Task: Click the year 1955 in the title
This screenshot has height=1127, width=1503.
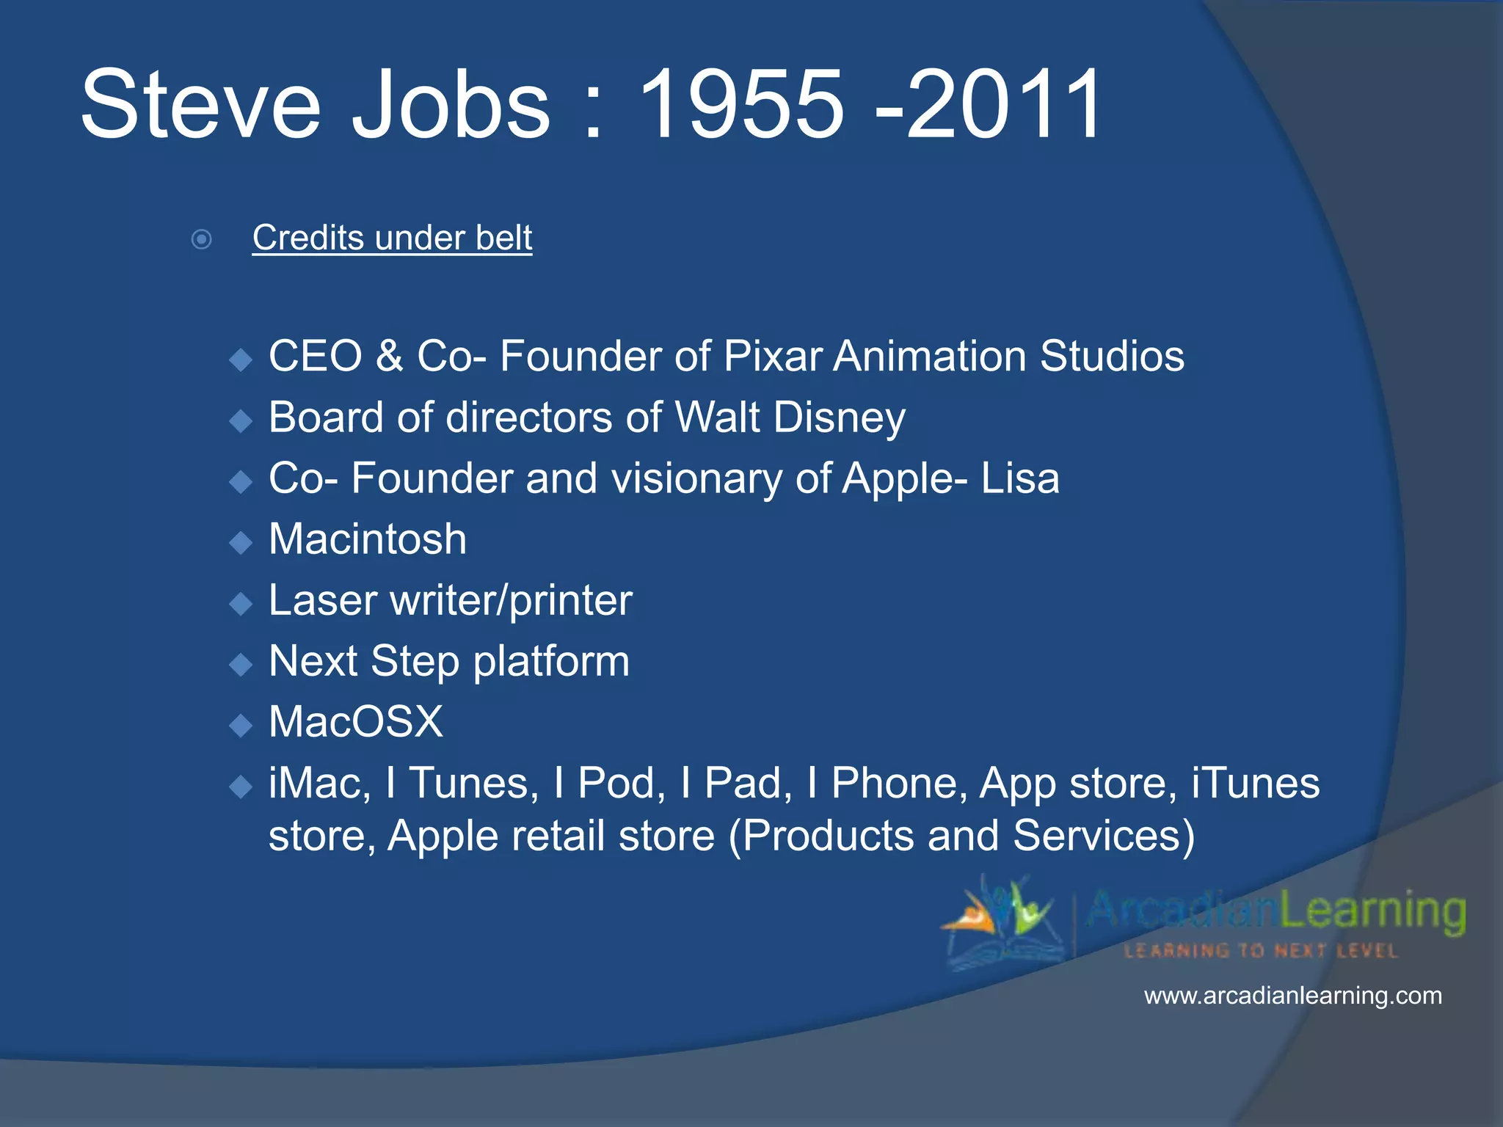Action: tap(741, 105)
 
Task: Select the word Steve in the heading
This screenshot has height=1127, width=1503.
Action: tap(200, 105)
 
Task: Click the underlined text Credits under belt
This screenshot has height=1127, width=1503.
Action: tap(392, 238)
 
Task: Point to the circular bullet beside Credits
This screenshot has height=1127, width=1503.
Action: tap(201, 239)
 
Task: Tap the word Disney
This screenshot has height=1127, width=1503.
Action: tap(840, 418)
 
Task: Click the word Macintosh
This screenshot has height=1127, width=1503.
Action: tap(368, 539)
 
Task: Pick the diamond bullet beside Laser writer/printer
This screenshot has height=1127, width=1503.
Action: tap(240, 604)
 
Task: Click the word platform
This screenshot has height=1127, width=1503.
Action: tap(551, 662)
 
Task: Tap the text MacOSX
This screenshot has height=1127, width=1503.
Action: tap(356, 722)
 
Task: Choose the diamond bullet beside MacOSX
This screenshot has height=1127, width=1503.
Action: tap(240, 726)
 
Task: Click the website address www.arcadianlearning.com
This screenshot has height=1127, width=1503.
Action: tap(1292, 996)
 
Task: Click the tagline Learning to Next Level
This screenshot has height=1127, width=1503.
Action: tap(1260, 951)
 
